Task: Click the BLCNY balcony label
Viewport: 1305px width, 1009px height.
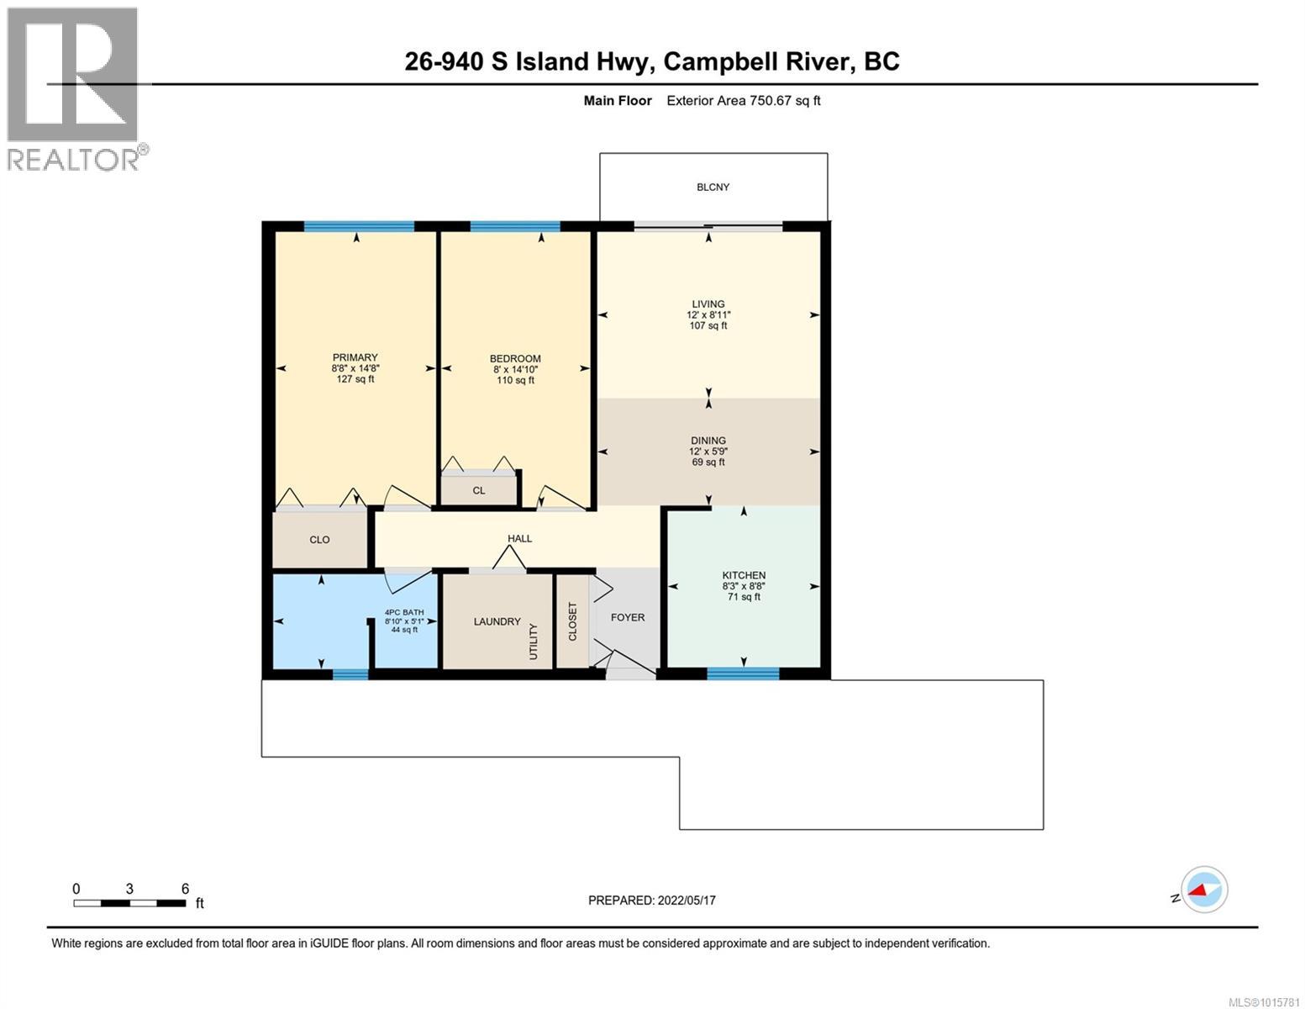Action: click(x=713, y=187)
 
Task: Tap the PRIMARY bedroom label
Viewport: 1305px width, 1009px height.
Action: click(x=354, y=357)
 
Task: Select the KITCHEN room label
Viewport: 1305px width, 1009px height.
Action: click(x=744, y=575)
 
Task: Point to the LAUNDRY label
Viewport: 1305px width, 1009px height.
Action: click(x=497, y=621)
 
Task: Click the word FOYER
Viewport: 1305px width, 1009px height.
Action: click(x=627, y=617)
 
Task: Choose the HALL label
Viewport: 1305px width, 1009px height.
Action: click(x=519, y=538)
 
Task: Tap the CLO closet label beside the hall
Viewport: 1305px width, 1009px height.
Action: click(x=319, y=540)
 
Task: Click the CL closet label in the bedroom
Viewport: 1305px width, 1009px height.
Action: click(x=478, y=490)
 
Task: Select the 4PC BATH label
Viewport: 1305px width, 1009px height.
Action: click(x=404, y=612)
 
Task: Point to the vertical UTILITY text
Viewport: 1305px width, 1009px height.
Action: click(x=534, y=642)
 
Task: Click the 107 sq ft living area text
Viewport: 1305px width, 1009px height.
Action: click(x=708, y=325)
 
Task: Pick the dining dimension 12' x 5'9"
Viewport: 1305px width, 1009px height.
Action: click(x=708, y=452)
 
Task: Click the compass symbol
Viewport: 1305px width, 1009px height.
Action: click(x=1203, y=889)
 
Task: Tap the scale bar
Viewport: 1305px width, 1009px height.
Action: click(x=129, y=903)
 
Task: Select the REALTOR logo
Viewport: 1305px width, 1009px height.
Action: click(x=76, y=88)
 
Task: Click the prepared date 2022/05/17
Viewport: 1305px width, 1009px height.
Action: click(x=651, y=900)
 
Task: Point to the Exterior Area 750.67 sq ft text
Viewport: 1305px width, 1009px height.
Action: click(x=743, y=101)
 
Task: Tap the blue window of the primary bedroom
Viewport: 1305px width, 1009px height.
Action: click(x=359, y=226)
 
